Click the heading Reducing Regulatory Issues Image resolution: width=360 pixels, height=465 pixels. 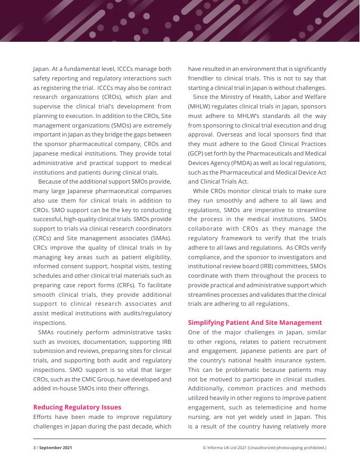click(x=77, y=407)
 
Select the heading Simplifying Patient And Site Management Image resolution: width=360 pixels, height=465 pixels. click(x=255, y=322)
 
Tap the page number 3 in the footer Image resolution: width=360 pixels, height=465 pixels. click(x=34, y=448)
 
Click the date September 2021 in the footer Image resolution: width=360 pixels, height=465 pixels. click(x=56, y=448)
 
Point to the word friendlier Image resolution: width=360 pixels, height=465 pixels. click(x=204, y=78)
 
